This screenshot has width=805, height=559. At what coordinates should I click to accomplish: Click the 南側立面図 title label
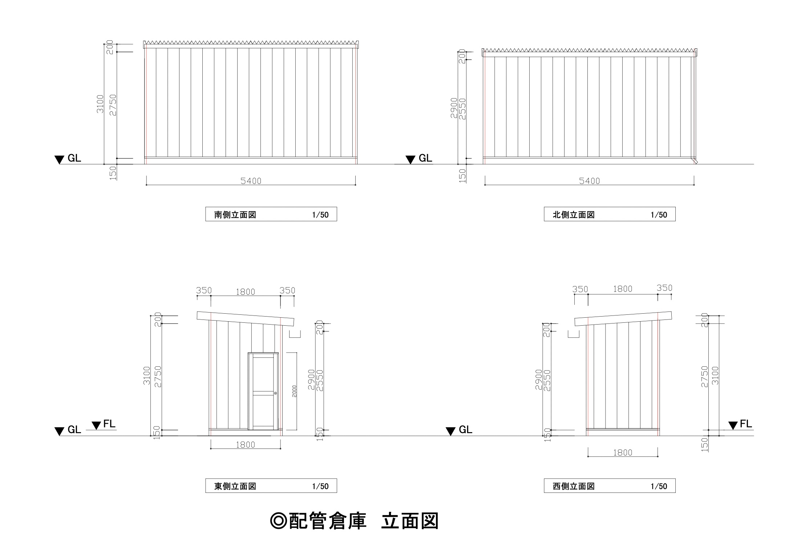tap(235, 215)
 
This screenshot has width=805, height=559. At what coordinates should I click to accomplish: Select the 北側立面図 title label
tap(573, 215)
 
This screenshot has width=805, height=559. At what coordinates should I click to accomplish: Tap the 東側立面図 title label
tap(235, 486)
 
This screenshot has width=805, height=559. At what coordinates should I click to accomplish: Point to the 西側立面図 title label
tap(573, 486)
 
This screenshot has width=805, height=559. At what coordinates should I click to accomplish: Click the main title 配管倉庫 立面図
tap(355, 521)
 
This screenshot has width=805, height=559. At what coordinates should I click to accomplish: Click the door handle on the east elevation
tap(275, 393)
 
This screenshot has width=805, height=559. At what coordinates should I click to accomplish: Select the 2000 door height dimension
tap(295, 391)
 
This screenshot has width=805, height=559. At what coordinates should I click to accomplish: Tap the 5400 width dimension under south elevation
tap(251, 181)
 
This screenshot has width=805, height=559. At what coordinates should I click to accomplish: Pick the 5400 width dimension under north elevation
tap(589, 181)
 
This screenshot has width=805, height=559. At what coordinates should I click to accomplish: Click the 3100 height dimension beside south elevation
tap(100, 104)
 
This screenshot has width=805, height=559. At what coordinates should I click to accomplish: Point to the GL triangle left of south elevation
tap(59, 160)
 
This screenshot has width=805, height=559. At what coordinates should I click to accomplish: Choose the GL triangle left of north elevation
tap(410, 160)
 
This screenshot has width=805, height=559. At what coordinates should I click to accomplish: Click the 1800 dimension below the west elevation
tap(623, 453)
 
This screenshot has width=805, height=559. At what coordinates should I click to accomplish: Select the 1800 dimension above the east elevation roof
tap(246, 292)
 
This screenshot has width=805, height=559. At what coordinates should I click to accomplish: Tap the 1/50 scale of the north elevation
tap(659, 215)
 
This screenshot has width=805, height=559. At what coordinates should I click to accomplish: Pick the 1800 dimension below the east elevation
tap(246, 445)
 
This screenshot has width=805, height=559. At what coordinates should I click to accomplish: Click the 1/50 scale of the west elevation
tap(659, 486)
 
